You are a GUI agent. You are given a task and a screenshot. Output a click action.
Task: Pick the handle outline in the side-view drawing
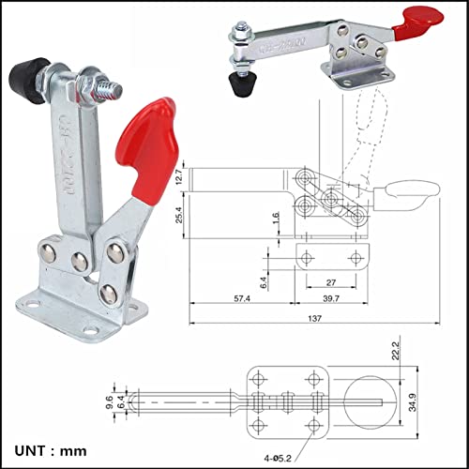tap(405, 198)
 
